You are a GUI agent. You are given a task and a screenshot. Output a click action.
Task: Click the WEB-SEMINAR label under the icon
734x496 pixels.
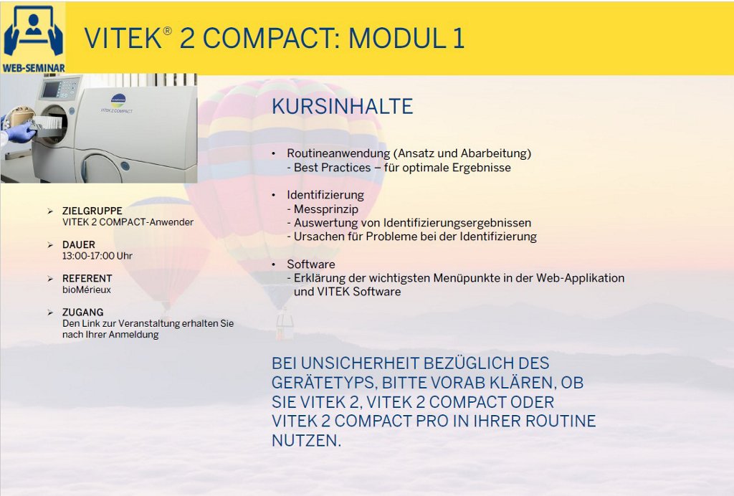34,68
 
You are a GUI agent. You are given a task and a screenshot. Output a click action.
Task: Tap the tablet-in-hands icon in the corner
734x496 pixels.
33,32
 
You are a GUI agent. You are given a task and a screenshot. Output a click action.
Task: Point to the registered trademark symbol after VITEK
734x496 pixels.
167,31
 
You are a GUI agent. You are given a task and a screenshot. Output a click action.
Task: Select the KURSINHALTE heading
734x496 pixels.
342,107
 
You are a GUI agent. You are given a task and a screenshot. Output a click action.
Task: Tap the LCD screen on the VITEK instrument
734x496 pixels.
51,90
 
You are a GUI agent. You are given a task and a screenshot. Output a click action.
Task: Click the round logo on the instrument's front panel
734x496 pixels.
118,100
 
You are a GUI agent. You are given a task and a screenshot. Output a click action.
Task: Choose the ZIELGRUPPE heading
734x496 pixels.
92,211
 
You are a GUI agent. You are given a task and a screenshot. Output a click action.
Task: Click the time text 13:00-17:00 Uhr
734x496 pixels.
97,256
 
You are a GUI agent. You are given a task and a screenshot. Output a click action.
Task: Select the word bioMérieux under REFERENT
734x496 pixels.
87,290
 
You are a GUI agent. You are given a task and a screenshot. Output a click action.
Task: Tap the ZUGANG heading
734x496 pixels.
83,312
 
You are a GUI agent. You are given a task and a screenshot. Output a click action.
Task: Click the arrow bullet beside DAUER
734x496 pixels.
50,244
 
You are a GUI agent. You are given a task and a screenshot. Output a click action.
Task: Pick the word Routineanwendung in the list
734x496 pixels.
338,153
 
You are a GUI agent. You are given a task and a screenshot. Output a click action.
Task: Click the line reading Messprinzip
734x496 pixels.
323,209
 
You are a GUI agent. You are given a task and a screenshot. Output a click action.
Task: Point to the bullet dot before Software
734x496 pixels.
274,264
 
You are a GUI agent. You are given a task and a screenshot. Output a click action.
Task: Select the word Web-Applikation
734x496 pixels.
580,278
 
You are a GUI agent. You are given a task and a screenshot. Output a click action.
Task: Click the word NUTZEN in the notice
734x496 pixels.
306,440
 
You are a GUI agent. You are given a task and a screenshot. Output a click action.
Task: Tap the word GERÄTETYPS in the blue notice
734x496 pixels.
324,383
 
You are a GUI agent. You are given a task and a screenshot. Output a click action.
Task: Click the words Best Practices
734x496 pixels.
333,168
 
